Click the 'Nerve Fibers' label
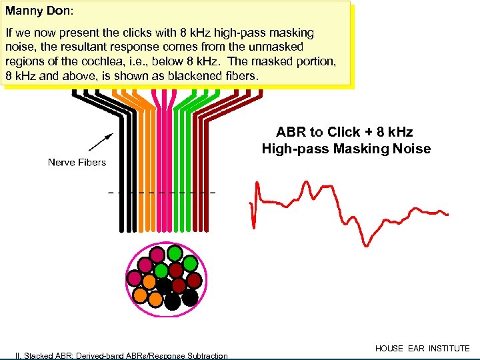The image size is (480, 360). pos(77,162)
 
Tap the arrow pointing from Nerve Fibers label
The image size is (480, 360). pos(99,142)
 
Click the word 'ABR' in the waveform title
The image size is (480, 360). pos(291,132)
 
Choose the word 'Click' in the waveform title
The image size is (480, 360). pos(340,132)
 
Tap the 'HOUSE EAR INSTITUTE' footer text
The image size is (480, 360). pos(422,348)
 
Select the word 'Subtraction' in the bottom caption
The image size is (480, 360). pos(205,355)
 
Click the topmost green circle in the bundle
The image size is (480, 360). pos(174,253)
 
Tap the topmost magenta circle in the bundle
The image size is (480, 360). pos(157,255)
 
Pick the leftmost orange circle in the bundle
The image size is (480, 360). pos(140,294)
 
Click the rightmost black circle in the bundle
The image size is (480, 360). pos(190,297)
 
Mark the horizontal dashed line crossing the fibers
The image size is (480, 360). pos(161,192)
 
